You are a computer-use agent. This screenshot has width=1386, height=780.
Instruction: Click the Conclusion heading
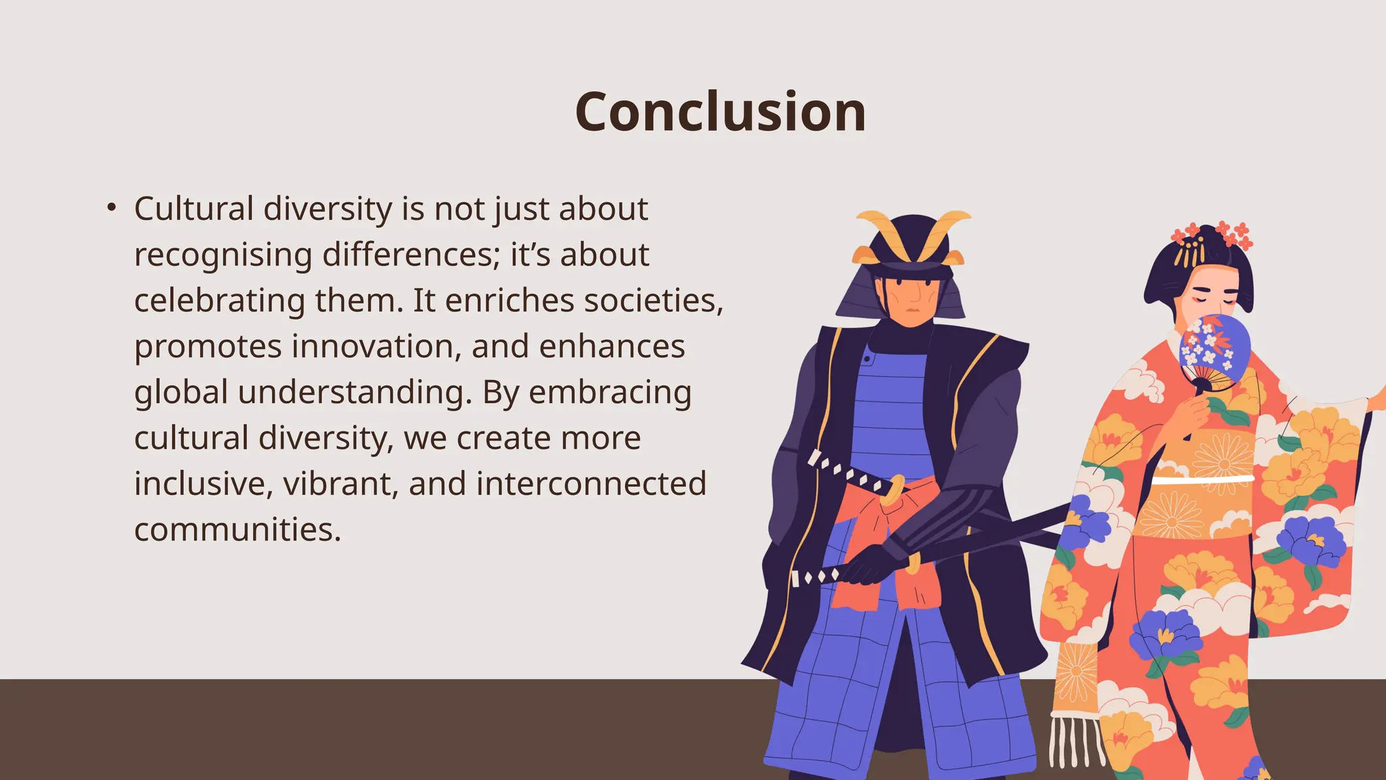tap(720, 112)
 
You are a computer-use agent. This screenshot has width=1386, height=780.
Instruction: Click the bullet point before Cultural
tap(112, 208)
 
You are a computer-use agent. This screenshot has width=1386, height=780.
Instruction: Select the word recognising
tap(223, 255)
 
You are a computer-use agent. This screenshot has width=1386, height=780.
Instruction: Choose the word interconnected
tap(591, 484)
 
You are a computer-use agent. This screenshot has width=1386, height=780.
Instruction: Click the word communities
tap(237, 530)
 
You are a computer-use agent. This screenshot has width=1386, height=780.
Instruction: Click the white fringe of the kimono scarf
tap(1076, 741)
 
